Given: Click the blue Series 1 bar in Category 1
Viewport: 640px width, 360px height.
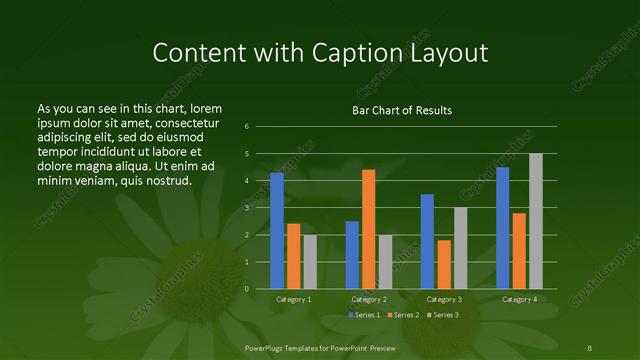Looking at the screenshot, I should pos(277,231).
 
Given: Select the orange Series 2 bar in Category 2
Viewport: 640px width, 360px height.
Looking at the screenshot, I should pos(368,229).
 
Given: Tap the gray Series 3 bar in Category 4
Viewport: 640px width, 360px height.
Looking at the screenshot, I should pos(536,221).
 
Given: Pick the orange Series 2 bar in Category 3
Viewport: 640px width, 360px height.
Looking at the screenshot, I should pos(443,264).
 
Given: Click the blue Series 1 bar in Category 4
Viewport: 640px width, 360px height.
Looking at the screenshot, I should pos(502,228).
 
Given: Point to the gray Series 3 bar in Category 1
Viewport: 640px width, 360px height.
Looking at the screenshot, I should pos(310,262).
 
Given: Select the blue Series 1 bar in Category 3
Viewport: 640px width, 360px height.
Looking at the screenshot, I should pos(427,241).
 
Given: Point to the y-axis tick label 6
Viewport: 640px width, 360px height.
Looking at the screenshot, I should pos(247,127).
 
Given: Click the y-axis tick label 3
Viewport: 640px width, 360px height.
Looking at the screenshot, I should pos(247,208).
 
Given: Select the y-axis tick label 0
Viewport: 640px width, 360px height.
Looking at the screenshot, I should pos(247,289).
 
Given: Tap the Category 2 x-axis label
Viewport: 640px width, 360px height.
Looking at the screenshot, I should pos(368,299).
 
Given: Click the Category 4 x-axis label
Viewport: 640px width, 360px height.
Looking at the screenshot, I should pos(519,299).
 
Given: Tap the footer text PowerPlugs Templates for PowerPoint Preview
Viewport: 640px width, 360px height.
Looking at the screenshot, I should pos(319,348).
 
